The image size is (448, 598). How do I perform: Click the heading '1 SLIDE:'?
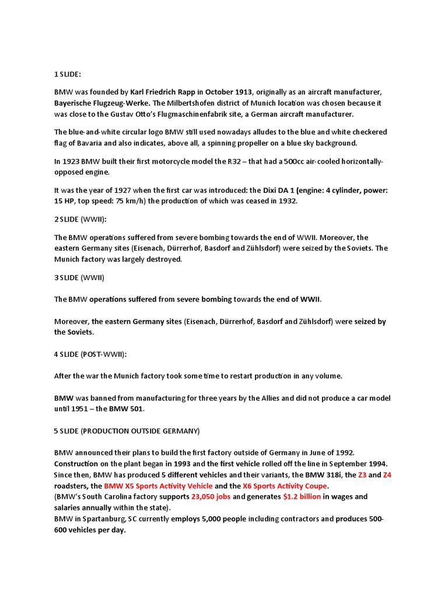(x=68, y=75)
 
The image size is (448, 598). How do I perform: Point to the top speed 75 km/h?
(x=133, y=201)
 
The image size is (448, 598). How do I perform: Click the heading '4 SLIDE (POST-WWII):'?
(x=90, y=354)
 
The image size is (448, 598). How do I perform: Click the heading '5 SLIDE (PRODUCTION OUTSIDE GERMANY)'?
(x=127, y=431)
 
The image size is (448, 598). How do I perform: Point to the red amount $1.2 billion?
(x=301, y=497)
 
